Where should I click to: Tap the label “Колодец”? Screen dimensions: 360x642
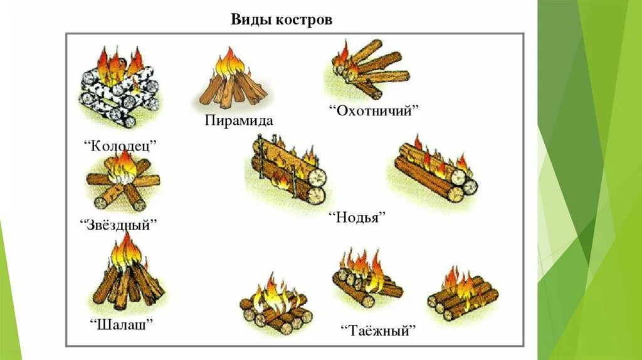(119, 146)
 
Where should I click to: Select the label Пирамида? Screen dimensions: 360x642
(238, 119)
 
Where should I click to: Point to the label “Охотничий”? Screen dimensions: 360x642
(374, 111)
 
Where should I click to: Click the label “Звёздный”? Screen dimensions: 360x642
(119, 224)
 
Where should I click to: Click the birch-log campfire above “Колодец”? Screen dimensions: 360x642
(119, 88)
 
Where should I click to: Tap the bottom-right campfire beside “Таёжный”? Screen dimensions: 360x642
(463, 295)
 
